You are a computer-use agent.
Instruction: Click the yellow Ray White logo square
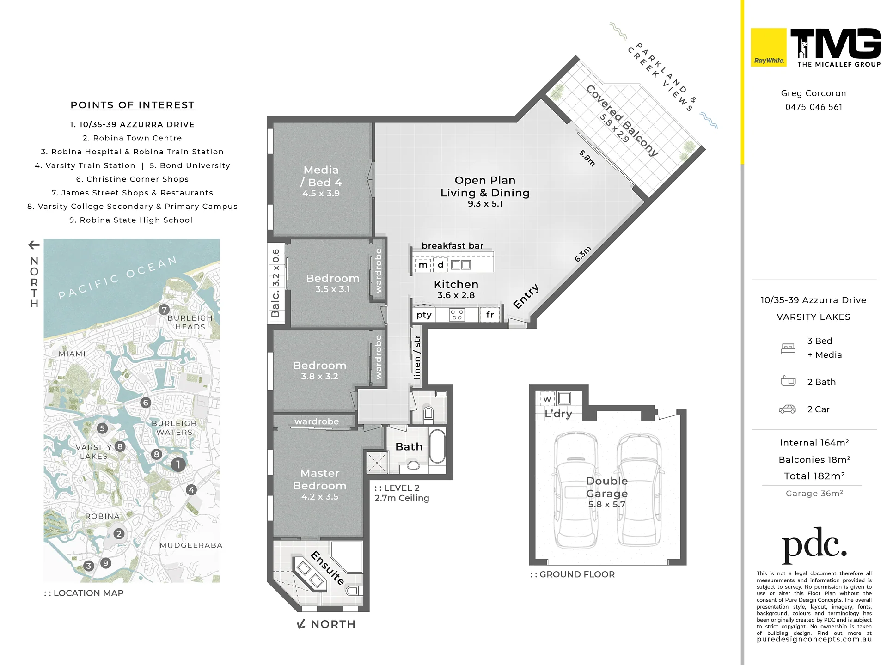point(768,47)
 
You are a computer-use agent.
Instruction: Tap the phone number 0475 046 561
point(814,107)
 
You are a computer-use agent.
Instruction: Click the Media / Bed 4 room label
point(321,181)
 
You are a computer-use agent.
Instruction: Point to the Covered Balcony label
point(622,121)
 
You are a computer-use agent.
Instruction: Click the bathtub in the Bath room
point(437,446)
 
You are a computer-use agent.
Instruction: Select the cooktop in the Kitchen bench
point(457,315)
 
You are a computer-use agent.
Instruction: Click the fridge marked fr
point(490,315)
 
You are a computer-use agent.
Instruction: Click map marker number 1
point(178,464)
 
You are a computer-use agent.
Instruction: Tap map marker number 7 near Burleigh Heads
point(164,310)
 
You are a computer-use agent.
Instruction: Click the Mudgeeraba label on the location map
point(191,545)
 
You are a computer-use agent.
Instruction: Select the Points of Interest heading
point(133,105)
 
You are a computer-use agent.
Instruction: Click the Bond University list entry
point(190,165)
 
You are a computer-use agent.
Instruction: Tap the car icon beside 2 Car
point(787,409)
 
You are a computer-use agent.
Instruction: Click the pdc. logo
point(814,545)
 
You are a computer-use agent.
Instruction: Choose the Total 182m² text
point(814,476)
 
